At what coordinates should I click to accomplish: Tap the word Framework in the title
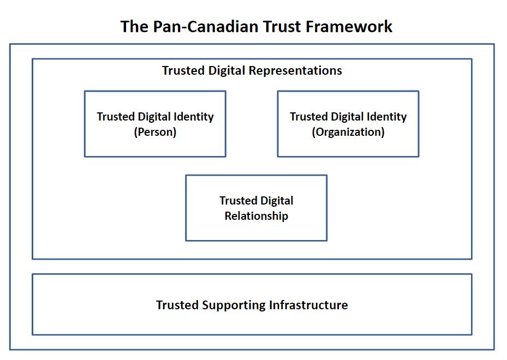[349, 27]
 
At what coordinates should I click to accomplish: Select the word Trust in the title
[282, 27]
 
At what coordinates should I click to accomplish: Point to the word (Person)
[155, 132]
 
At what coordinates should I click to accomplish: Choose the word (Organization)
[348, 132]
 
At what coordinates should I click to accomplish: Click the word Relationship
[257, 215]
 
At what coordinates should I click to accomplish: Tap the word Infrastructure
[308, 305]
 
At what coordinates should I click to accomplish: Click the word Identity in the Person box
[194, 117]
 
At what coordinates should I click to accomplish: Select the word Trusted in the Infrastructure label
[177, 305]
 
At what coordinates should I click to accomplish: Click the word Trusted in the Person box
[116, 117]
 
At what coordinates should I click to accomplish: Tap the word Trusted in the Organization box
[308, 117]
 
